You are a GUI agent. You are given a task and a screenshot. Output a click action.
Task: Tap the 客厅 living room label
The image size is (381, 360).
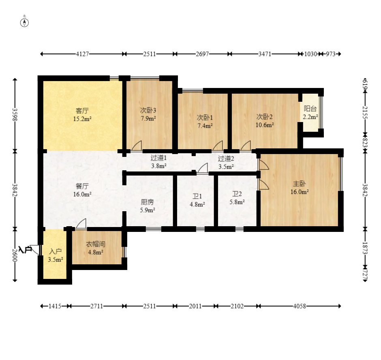click(82, 111)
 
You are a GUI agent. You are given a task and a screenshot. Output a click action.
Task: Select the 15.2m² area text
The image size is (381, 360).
click(82, 119)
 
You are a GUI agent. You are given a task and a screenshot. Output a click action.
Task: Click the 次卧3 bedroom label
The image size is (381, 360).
click(148, 110)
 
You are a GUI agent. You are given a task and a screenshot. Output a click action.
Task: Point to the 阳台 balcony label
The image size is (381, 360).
click(310, 109)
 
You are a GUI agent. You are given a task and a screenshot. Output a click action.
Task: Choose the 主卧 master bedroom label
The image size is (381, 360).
click(300, 184)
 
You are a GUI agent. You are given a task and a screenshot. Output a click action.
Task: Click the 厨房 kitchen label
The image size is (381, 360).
click(147, 202)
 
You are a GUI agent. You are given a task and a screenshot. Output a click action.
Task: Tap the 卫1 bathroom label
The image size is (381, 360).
click(197, 196)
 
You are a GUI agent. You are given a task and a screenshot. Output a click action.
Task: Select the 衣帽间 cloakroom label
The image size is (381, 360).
click(96, 244)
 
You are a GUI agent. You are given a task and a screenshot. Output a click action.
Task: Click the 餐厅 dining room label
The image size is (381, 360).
click(82, 186)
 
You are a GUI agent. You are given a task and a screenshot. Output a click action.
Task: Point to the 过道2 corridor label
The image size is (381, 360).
click(226, 159)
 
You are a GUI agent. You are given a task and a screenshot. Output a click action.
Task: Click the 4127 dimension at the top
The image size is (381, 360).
click(82, 54)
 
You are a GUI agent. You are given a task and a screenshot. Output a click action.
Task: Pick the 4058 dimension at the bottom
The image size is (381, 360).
click(300, 306)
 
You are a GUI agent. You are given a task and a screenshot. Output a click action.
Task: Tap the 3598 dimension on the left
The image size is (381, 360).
click(15, 114)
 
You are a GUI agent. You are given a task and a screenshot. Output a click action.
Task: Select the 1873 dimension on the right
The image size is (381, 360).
click(365, 248)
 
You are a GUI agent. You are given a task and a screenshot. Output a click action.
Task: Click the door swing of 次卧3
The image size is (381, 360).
click(137, 146)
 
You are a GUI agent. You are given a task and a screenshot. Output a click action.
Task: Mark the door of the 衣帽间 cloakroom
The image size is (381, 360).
click(81, 224)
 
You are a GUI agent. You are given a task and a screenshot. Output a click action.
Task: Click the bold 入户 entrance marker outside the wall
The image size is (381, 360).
click(25, 250)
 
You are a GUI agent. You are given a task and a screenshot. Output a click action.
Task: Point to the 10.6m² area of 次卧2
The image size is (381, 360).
click(265, 125)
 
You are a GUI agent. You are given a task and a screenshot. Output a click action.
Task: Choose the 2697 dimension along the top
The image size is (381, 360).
click(202, 54)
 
